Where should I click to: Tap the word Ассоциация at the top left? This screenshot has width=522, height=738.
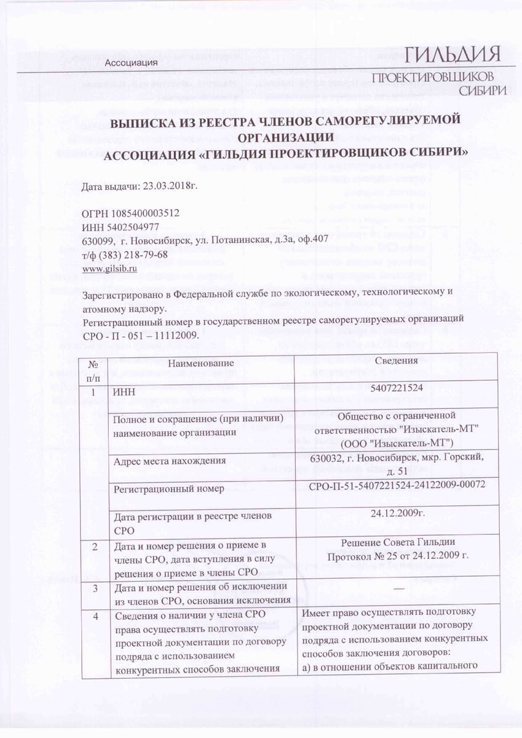(x=132, y=63)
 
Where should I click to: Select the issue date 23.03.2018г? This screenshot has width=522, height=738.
(x=170, y=185)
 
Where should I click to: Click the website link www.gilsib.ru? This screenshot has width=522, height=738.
(x=109, y=268)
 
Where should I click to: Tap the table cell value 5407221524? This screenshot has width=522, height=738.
(x=397, y=388)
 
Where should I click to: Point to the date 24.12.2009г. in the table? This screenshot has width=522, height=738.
(x=398, y=512)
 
